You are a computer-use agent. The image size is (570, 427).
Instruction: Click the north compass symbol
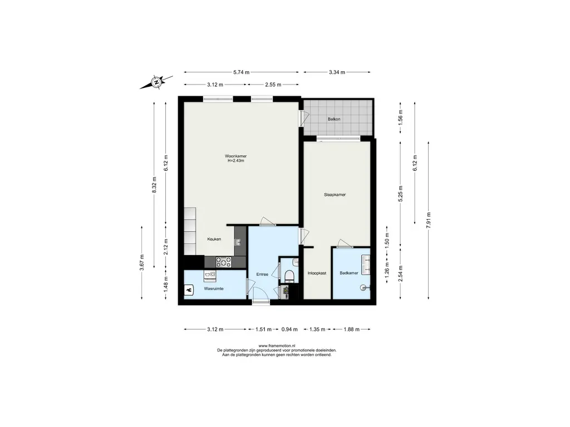[156, 82]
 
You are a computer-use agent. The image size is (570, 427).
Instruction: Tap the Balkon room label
[334, 119]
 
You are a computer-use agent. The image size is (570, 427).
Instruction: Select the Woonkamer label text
[235, 156]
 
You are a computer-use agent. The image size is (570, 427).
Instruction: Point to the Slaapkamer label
[335, 195]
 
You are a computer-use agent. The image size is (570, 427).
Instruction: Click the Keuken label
[214, 239]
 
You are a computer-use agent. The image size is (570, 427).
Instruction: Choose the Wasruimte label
[214, 289]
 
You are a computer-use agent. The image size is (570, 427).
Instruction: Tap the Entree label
[262, 274]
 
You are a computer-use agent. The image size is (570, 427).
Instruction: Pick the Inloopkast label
[317, 273]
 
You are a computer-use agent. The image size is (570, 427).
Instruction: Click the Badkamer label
[349, 273]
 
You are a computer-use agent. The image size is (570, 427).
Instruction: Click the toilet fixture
[289, 276]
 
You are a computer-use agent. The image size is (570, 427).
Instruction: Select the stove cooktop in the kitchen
[224, 262]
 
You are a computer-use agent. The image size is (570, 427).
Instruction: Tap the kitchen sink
[238, 242]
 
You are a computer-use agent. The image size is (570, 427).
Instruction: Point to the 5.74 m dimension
[242, 72]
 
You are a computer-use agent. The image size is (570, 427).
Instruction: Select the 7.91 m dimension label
[429, 220]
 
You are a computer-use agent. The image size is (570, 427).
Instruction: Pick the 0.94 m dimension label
[289, 329]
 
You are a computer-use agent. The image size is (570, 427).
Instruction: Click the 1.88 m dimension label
[352, 329]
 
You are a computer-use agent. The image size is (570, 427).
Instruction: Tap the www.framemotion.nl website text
[277, 346]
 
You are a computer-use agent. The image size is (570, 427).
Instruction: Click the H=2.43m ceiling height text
[235, 161]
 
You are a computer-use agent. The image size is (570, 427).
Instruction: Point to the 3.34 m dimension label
[337, 72]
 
